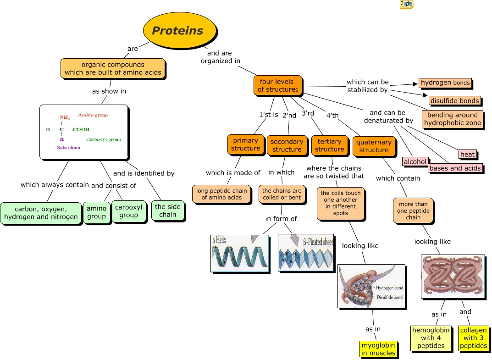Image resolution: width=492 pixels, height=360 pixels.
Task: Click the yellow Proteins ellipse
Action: point(179,30)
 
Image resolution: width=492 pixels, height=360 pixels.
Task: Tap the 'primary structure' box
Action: point(245,144)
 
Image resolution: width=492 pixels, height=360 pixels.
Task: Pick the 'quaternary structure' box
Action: point(374,146)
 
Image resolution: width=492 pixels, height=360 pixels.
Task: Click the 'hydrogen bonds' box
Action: point(445,83)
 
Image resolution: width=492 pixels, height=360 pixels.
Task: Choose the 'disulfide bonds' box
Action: point(454,101)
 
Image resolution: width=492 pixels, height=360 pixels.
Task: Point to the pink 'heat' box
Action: point(467,155)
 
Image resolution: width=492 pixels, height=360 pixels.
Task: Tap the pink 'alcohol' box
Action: point(415,162)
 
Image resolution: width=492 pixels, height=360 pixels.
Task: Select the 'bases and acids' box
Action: point(455,168)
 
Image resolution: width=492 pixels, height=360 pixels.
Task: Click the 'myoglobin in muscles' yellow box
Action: point(378,349)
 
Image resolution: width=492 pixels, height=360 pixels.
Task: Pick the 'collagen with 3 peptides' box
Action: point(473,338)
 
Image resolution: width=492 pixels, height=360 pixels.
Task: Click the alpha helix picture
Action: point(240,254)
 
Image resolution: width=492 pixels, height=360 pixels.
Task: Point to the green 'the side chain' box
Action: point(168,210)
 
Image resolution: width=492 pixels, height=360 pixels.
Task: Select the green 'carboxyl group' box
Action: point(128,211)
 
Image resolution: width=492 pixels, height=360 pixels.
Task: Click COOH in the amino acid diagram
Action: point(81,129)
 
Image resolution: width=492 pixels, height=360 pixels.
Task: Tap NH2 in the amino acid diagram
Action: point(65,118)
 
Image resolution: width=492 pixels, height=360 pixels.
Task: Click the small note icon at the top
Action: point(406,5)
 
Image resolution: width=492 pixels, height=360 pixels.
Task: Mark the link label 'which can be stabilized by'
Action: point(367,86)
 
